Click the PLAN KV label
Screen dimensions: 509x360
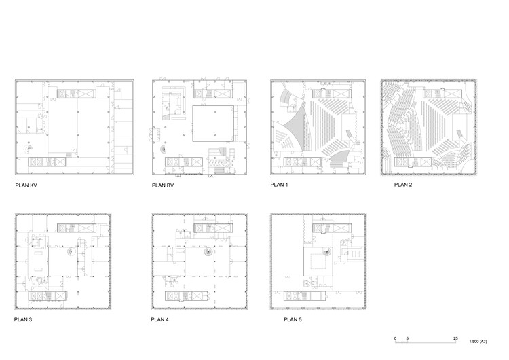[26, 185]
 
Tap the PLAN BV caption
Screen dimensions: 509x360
[163, 185]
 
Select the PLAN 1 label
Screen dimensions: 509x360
[279, 185]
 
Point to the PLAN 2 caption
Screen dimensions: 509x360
[403, 185]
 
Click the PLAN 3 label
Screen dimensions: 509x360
[23, 319]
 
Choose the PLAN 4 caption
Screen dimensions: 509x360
[159, 319]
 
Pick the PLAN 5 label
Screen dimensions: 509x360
[293, 319]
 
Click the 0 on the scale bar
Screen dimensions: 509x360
[395, 338]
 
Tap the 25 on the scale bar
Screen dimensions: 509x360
[455, 338]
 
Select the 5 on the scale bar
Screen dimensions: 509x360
[407, 338]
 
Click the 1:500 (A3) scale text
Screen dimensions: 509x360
[478, 342]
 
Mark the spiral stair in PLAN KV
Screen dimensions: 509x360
[29, 148]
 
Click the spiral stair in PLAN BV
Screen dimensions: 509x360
[164, 149]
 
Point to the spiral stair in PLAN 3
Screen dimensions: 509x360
[72, 251]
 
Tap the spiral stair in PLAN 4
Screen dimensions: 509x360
[208, 251]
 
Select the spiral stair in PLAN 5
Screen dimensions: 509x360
[327, 251]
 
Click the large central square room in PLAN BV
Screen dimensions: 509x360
[213, 124]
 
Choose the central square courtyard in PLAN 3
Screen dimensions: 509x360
[63, 262]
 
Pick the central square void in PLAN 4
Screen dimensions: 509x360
[200, 262]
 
